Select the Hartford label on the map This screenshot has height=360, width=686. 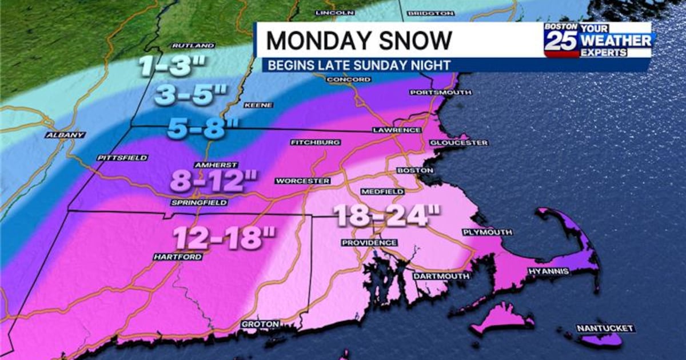177,257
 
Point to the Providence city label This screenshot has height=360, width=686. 365,243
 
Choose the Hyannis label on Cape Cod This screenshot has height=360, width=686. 548,271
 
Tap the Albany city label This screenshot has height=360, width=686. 66,135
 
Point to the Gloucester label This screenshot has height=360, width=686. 458,142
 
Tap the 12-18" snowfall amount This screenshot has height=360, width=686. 224,237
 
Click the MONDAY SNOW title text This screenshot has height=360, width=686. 359,40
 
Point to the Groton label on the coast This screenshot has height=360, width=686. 260,324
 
